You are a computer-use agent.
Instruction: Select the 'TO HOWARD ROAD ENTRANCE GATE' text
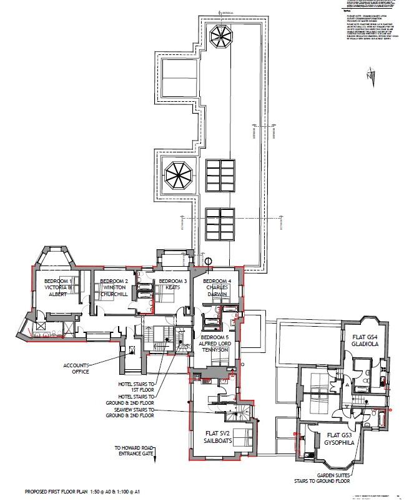pyautogui.click(x=136, y=451)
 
